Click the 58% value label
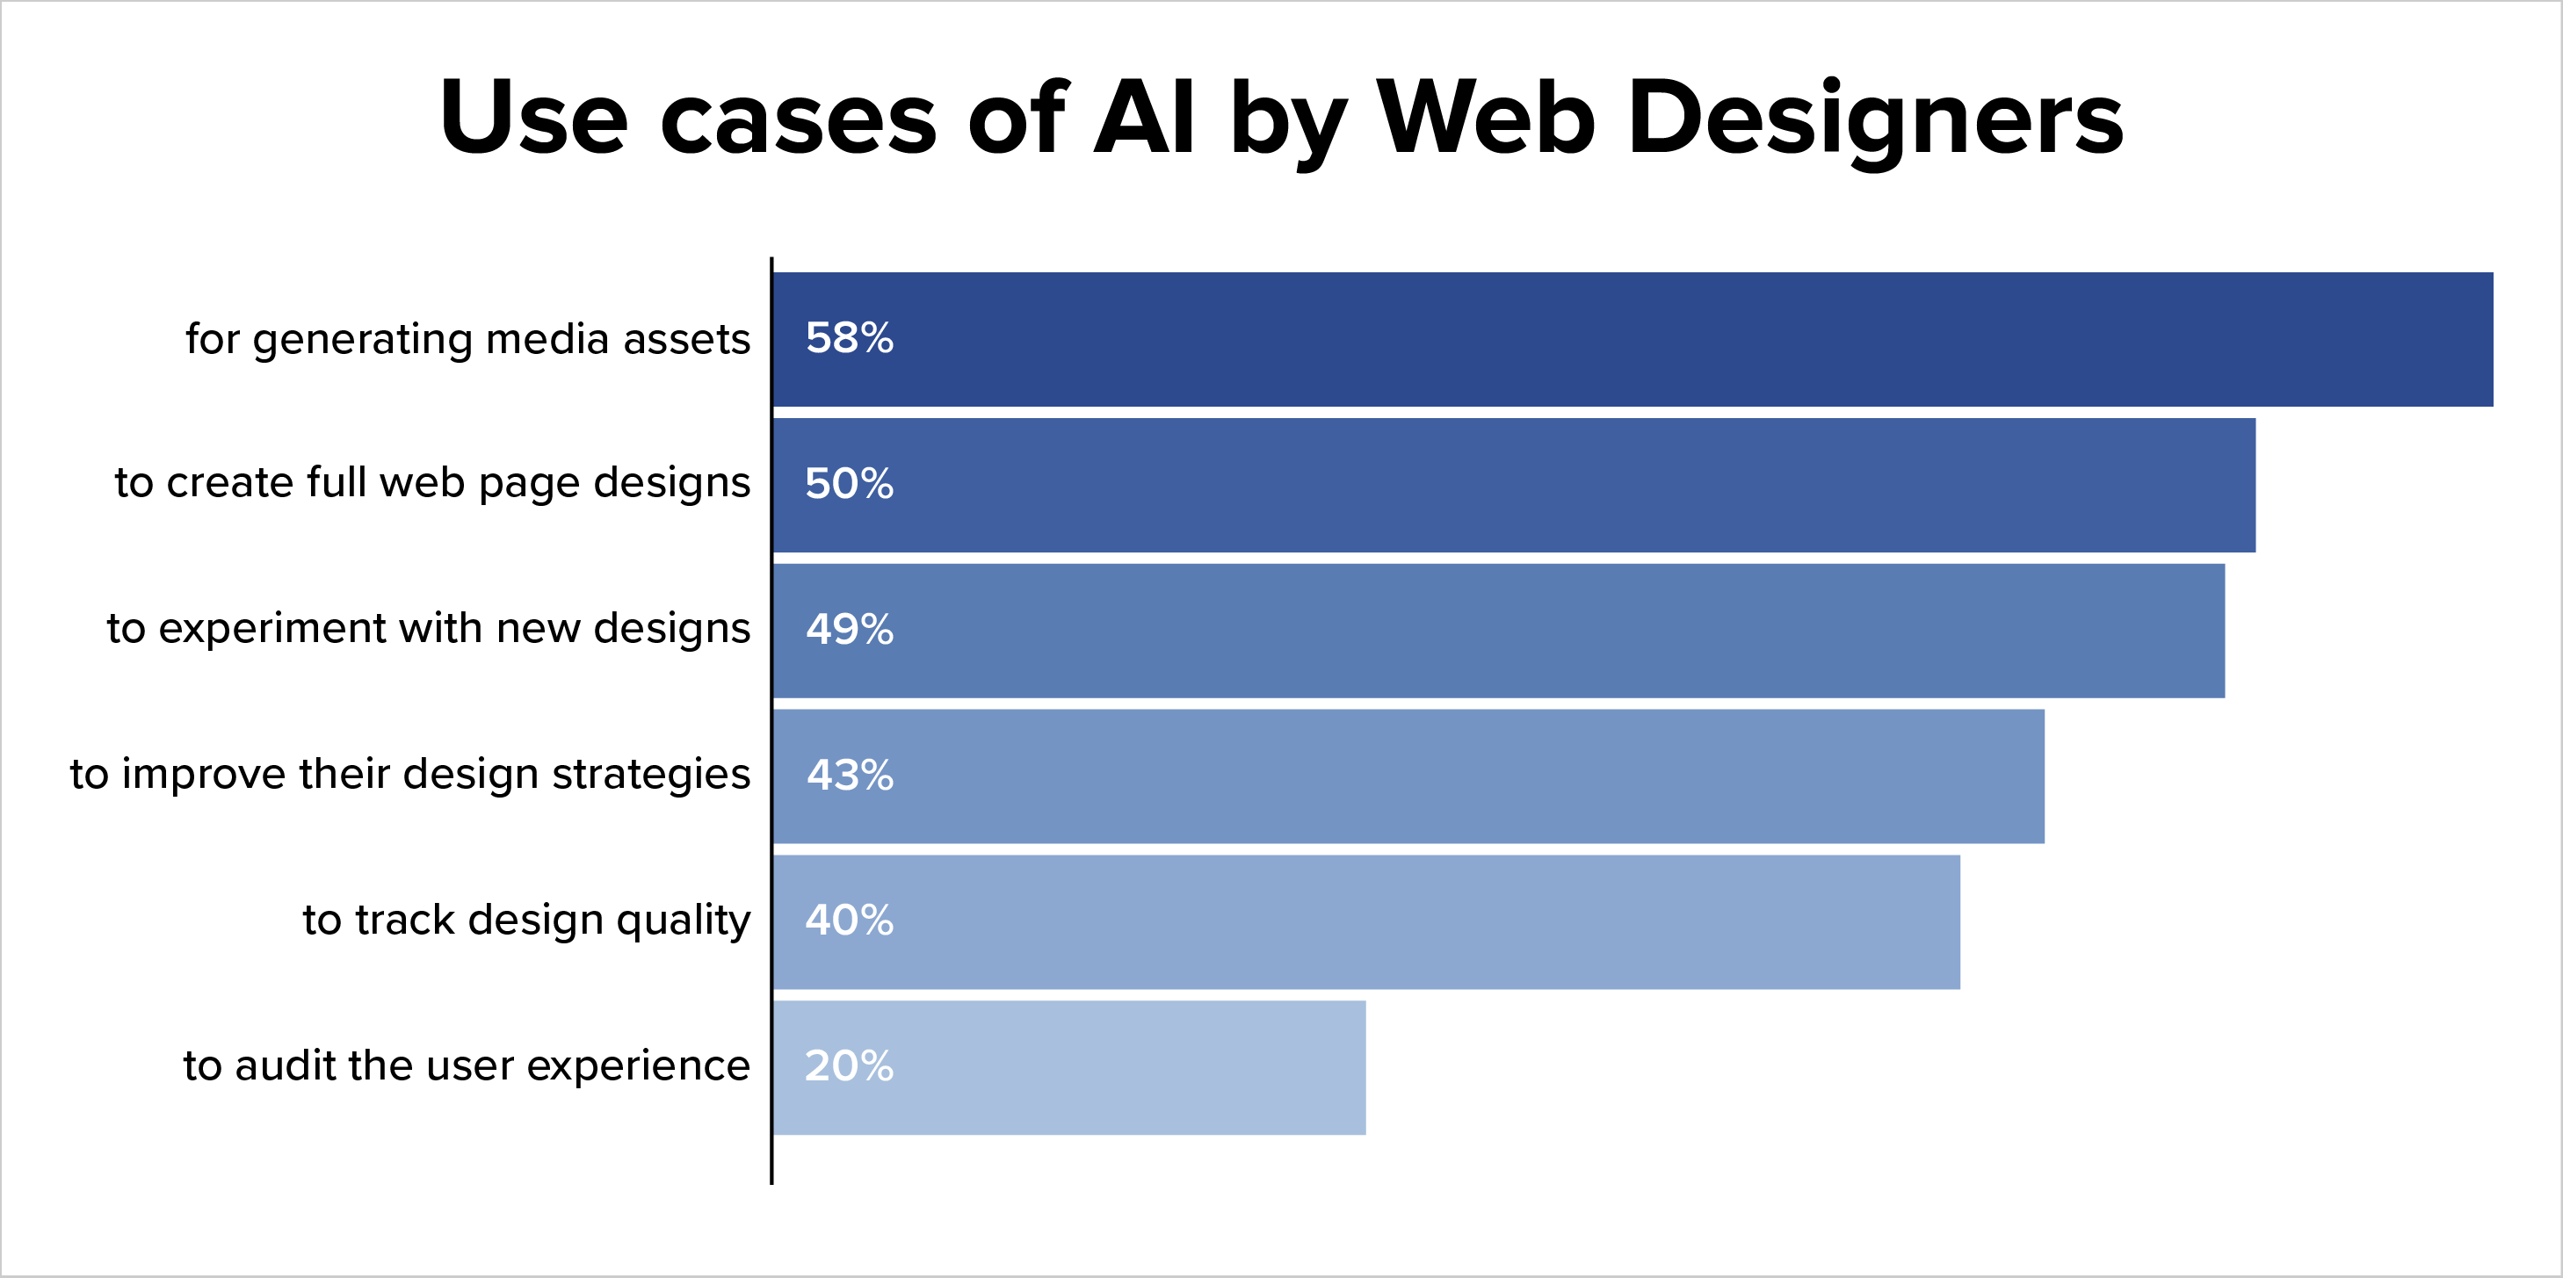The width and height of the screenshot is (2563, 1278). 849,338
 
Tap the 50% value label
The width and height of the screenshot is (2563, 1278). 849,483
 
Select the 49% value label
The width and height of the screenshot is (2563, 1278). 849,629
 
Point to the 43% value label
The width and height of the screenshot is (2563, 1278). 849,775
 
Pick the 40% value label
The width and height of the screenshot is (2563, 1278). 849,920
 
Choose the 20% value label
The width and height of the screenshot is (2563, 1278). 849,1065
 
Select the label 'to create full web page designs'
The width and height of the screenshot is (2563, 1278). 431,483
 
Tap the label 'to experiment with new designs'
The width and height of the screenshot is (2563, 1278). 428,629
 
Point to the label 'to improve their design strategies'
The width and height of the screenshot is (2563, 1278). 410,775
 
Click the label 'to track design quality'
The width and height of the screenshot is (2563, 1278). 526,920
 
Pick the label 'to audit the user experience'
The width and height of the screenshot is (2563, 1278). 467,1065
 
